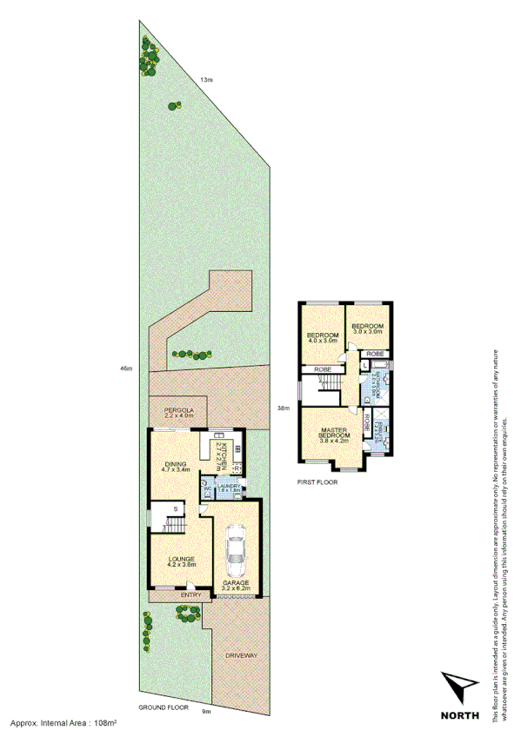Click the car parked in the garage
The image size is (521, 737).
tap(235, 554)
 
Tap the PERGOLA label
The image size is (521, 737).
tap(175, 411)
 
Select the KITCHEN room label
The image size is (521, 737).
tap(223, 455)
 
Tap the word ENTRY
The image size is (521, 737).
tap(190, 594)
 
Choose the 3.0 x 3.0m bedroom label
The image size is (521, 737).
tap(367, 328)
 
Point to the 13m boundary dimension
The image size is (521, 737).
tap(205, 80)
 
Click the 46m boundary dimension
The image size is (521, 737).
tap(126, 369)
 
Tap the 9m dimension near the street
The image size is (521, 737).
tap(205, 712)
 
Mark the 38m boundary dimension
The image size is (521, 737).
tap(283, 408)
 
